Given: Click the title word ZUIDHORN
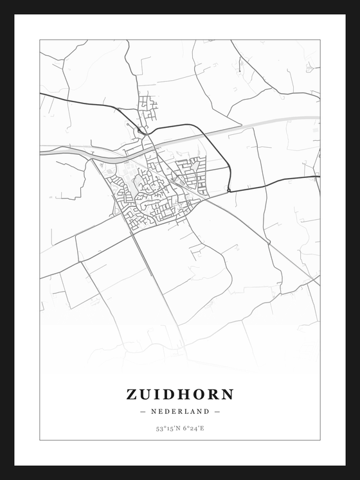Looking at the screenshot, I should (x=180, y=394).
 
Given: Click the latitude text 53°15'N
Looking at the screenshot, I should (x=166, y=428).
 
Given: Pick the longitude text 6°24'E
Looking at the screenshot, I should (x=194, y=428).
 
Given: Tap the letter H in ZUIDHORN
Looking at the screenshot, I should (x=182, y=394).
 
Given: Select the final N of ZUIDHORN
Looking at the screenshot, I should (x=227, y=394).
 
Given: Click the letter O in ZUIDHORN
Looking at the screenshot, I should (x=197, y=394).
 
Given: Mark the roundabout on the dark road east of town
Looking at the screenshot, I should (x=228, y=190).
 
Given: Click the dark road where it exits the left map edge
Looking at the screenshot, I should (x=41, y=94).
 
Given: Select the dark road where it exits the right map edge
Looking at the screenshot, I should (x=318, y=176).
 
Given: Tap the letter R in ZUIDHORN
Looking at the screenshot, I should (x=212, y=394).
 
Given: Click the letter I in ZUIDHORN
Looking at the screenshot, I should (x=157, y=394).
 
